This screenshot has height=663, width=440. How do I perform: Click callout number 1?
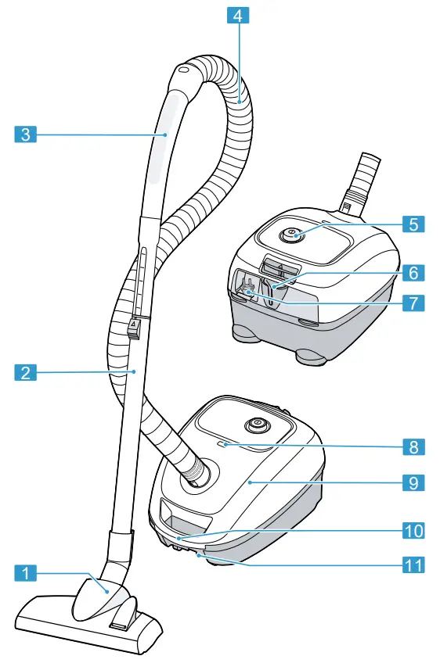(x=26, y=574)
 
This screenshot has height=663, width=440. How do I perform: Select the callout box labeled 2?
(x=26, y=373)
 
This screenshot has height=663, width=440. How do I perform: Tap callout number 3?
(x=26, y=134)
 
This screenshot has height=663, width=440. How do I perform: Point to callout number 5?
(x=415, y=224)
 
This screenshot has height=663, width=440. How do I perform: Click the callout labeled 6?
(x=415, y=273)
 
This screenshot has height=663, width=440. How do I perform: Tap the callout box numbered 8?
(x=415, y=447)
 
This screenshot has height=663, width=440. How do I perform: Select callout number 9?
(x=415, y=482)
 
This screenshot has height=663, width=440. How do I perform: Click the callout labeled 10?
(x=415, y=530)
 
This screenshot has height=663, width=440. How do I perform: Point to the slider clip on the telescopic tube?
(x=134, y=326)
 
